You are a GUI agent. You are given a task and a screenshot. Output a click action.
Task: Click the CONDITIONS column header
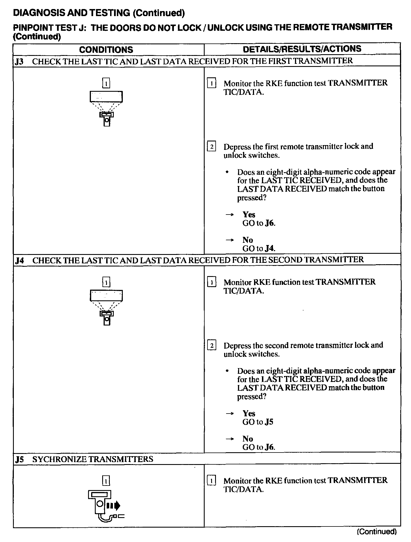tap(106, 50)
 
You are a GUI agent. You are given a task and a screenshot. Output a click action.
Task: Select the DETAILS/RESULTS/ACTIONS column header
tap(302, 49)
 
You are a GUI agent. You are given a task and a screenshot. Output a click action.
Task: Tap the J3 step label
tap(19, 61)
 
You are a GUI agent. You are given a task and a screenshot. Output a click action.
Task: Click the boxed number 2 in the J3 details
tap(211, 147)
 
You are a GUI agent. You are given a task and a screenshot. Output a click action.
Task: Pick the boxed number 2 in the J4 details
tap(211, 345)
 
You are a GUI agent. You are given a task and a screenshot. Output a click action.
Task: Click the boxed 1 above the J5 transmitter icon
tap(106, 481)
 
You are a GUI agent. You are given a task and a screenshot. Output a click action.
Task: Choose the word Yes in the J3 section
tap(249, 215)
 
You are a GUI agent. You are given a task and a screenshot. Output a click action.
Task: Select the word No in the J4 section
tap(248, 439)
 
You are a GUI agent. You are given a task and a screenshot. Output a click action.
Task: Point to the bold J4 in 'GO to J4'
tap(270, 249)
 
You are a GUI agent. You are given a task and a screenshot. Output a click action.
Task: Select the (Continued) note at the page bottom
tap(377, 532)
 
